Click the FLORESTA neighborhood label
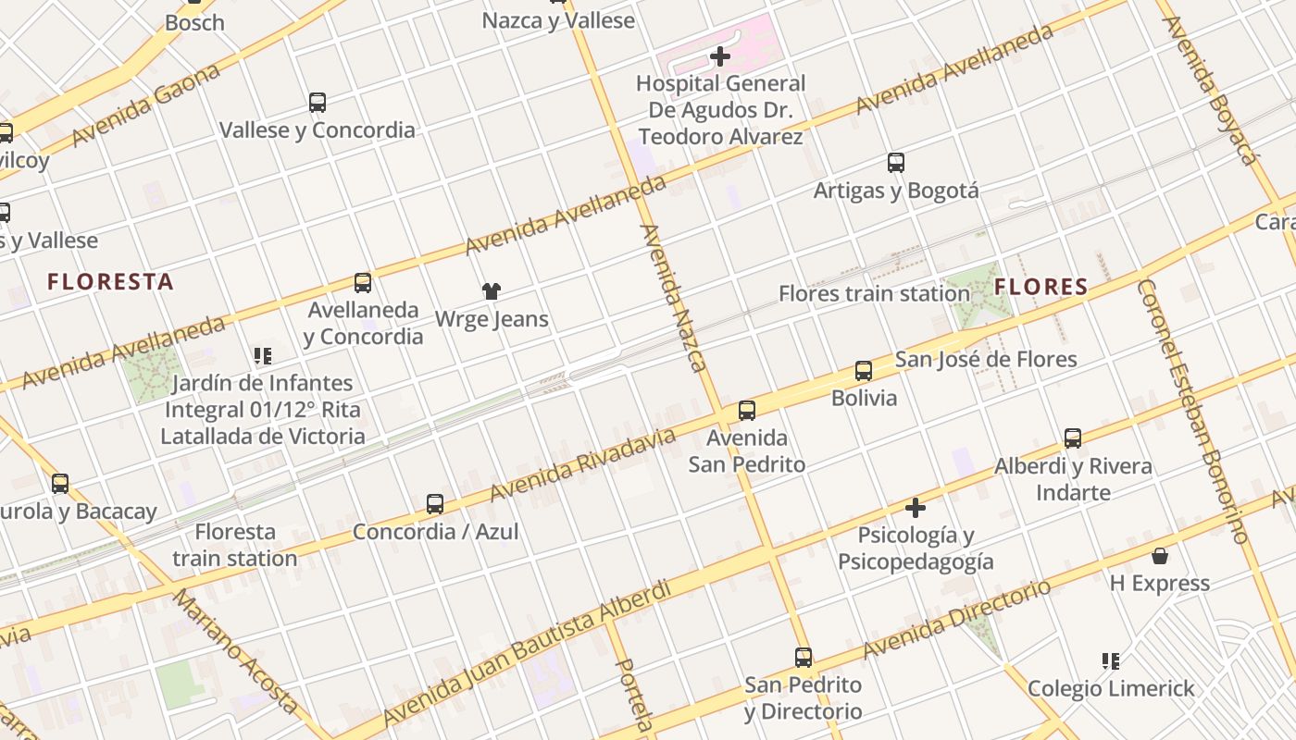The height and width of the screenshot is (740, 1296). coord(110,282)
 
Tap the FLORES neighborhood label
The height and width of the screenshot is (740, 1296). coord(1041,287)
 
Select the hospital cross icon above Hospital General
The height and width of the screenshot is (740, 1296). coord(719,56)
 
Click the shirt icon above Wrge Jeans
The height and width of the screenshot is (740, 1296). coord(492,291)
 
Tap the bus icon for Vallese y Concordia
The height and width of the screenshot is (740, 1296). coord(318,103)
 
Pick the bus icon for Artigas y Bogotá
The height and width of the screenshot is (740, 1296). coord(896,163)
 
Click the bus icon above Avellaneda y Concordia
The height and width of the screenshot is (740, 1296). coord(363,282)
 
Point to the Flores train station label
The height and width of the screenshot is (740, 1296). coord(874,294)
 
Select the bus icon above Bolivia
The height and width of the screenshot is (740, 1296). coord(864,371)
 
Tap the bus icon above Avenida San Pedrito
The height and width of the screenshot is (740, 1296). coord(747,410)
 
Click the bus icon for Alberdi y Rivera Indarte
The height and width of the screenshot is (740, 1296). coord(1073,438)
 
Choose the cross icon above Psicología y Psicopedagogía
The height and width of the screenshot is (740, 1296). coord(916,508)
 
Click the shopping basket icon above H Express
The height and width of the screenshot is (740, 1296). coord(1160,556)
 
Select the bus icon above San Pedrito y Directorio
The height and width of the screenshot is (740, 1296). coord(804,658)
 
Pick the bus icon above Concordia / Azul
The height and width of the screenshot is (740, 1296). coord(435,504)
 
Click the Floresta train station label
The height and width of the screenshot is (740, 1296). coord(235,545)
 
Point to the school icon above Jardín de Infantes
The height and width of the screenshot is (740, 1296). coord(263,355)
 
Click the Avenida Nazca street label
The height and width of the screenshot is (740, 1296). coord(674,298)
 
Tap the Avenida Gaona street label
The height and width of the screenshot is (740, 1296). coord(146,105)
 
